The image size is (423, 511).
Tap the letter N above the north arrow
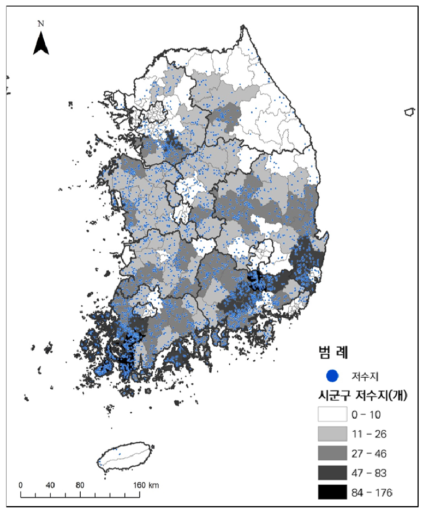(x=41, y=23)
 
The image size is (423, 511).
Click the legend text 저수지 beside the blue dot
(x=362, y=376)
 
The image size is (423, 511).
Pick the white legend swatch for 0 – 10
(x=332, y=414)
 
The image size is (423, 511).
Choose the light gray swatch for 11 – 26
(x=332, y=433)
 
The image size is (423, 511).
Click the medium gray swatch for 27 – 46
(x=332, y=453)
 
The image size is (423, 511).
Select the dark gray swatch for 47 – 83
(x=332, y=472)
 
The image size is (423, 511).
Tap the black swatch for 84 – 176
(x=332, y=492)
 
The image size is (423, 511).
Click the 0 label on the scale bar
(x=21, y=485)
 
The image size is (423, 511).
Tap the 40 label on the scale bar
(x=50, y=485)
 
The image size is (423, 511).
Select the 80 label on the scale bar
(x=80, y=485)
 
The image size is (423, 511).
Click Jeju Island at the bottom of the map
(x=124, y=456)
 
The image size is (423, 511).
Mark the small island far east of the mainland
(x=409, y=112)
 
